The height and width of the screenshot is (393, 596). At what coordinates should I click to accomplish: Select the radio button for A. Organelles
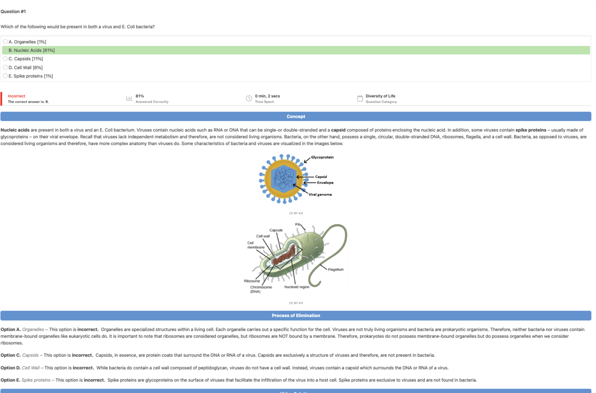click(x=5, y=42)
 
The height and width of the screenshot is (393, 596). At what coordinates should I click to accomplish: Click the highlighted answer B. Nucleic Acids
click(x=31, y=50)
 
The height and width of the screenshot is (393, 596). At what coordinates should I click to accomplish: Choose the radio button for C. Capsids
click(x=5, y=59)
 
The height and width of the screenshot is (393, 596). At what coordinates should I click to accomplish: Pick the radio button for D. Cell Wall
click(x=5, y=67)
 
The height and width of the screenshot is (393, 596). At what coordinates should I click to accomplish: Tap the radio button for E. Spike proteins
click(x=5, y=76)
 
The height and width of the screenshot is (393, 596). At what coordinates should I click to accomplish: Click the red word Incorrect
click(x=17, y=96)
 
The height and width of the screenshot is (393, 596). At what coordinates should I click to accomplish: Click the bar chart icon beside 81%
click(x=130, y=99)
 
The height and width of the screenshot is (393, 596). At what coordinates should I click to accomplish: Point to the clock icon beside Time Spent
click(x=249, y=99)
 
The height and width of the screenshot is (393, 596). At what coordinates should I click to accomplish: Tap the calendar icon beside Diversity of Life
click(x=360, y=99)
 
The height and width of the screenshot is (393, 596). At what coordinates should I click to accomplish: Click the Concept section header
click(x=296, y=116)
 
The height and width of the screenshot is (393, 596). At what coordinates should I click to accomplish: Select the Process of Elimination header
click(x=296, y=315)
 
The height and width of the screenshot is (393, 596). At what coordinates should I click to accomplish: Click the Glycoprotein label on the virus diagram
click(x=322, y=157)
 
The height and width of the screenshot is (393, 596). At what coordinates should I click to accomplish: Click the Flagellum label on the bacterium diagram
click(x=336, y=269)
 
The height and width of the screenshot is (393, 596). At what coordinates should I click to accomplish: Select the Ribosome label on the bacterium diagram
click(x=251, y=281)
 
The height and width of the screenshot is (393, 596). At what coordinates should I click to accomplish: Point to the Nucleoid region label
click(x=297, y=287)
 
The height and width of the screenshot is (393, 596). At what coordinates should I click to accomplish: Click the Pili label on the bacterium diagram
click(x=298, y=224)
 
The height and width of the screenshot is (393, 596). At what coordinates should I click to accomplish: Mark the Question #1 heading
click(x=13, y=11)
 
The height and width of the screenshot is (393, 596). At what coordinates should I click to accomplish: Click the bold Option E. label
click(x=10, y=380)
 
